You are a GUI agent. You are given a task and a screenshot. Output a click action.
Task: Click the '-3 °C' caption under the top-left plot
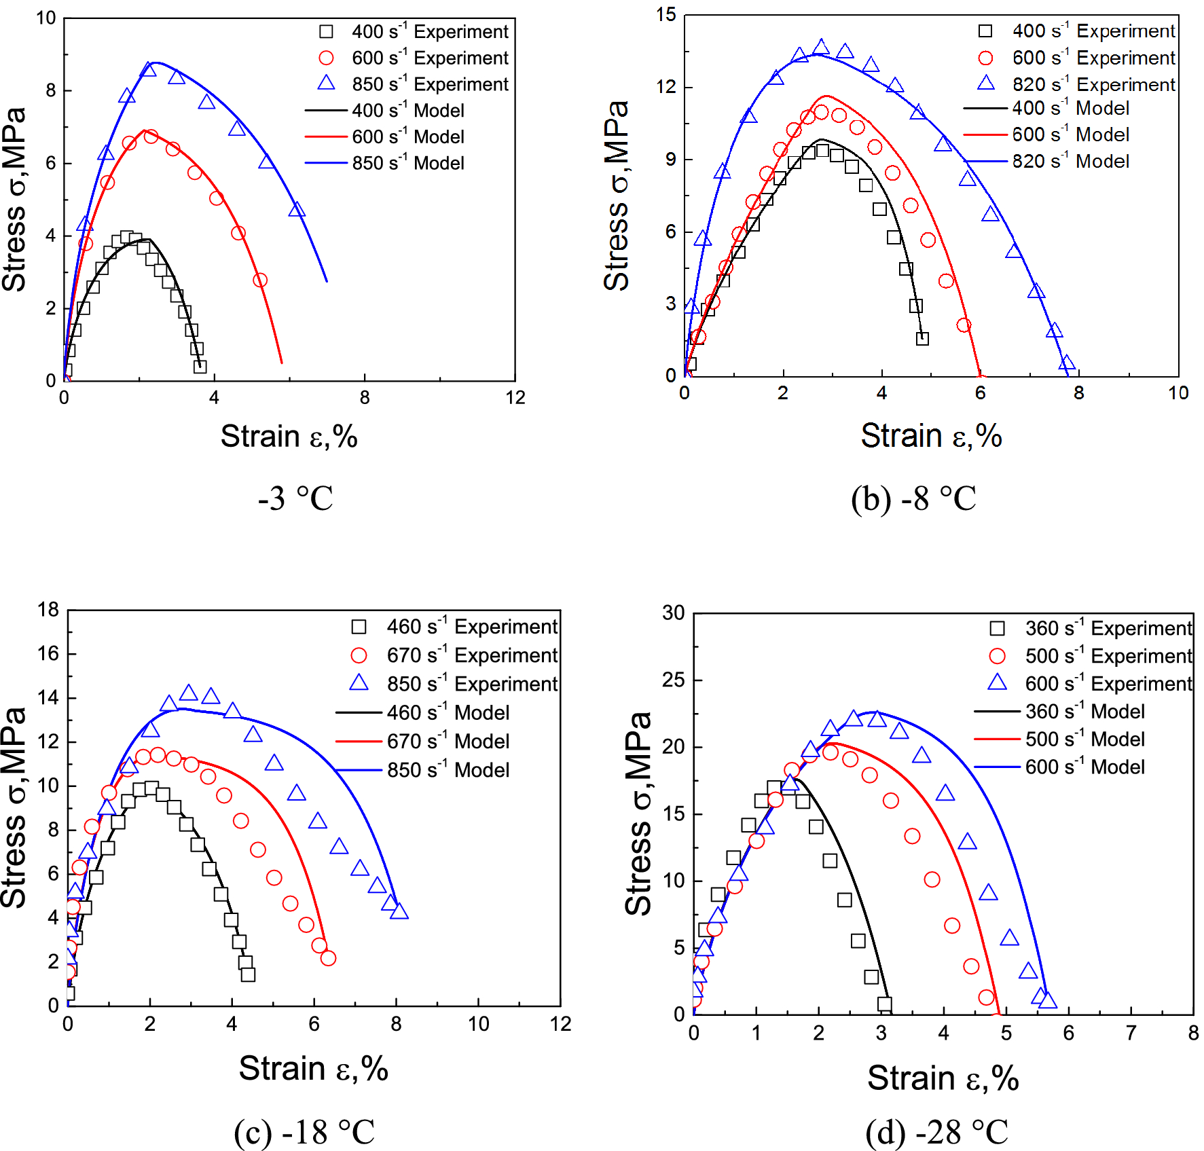(x=295, y=499)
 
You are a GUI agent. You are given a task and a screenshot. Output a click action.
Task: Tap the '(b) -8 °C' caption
(x=913, y=499)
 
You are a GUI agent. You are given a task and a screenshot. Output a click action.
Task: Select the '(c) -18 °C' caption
(x=304, y=1131)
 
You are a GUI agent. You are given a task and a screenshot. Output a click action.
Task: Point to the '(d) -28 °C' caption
(x=936, y=1132)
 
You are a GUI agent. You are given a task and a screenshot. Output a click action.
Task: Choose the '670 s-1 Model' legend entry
(x=448, y=742)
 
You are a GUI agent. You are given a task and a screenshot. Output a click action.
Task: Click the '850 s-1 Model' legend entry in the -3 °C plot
(x=407, y=163)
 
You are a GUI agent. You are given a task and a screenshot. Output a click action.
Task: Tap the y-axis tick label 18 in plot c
(x=48, y=610)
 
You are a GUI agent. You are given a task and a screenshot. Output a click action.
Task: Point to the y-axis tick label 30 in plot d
(x=674, y=613)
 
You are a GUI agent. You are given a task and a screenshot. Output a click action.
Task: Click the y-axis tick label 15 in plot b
(x=666, y=14)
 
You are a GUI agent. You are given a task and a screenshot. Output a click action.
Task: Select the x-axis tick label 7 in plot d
(x=1131, y=1034)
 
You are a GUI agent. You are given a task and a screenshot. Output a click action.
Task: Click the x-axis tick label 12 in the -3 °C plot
(x=515, y=398)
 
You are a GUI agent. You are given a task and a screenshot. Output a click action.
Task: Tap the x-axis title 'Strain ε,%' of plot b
(x=931, y=436)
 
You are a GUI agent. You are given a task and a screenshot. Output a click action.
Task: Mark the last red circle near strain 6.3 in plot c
(x=328, y=958)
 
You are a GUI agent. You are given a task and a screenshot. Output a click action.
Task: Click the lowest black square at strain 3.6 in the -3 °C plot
(x=200, y=367)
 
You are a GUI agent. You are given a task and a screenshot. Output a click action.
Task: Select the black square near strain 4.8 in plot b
(x=922, y=338)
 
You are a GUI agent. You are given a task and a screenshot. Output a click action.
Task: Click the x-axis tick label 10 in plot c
(x=478, y=1024)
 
